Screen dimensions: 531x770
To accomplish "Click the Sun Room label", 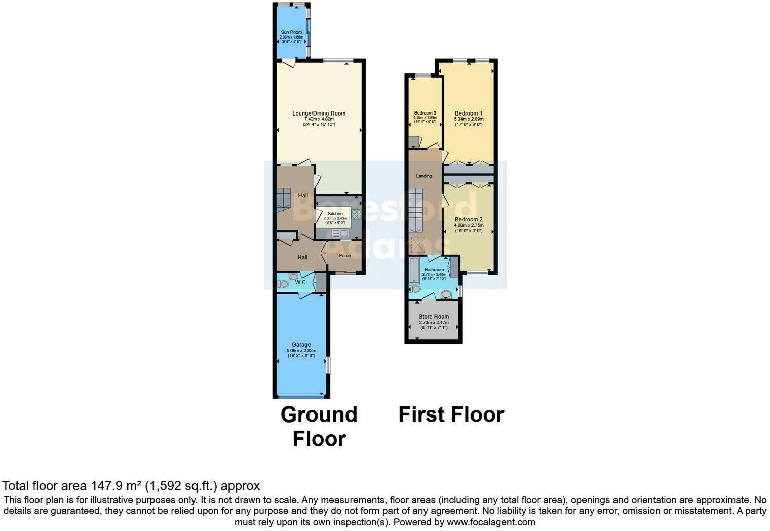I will click(291, 32).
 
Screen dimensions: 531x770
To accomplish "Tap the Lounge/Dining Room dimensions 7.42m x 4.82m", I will click(319, 119).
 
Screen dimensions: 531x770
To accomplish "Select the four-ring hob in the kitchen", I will click(356, 214).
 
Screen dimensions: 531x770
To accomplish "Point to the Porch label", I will click(345, 256).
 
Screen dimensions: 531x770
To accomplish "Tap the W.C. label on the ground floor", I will click(301, 282).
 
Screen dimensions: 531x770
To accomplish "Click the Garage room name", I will click(301, 345).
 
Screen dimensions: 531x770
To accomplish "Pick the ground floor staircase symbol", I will click(284, 199).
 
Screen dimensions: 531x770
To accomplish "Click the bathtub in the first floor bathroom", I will click(414, 271).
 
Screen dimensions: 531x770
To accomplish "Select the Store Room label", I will click(434, 317).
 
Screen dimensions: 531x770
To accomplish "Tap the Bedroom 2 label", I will click(469, 220).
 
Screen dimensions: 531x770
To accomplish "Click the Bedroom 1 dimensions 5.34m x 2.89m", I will click(469, 119).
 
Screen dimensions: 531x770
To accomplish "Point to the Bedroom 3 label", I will click(425, 113).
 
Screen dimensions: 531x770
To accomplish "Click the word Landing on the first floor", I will click(424, 176).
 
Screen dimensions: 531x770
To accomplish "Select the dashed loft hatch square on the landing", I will click(418, 246).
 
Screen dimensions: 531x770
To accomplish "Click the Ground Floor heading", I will click(319, 426).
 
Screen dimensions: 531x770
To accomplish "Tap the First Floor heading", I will click(451, 414).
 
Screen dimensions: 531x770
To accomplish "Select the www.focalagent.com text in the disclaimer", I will click(490, 522).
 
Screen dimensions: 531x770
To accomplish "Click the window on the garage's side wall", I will click(328, 365).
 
